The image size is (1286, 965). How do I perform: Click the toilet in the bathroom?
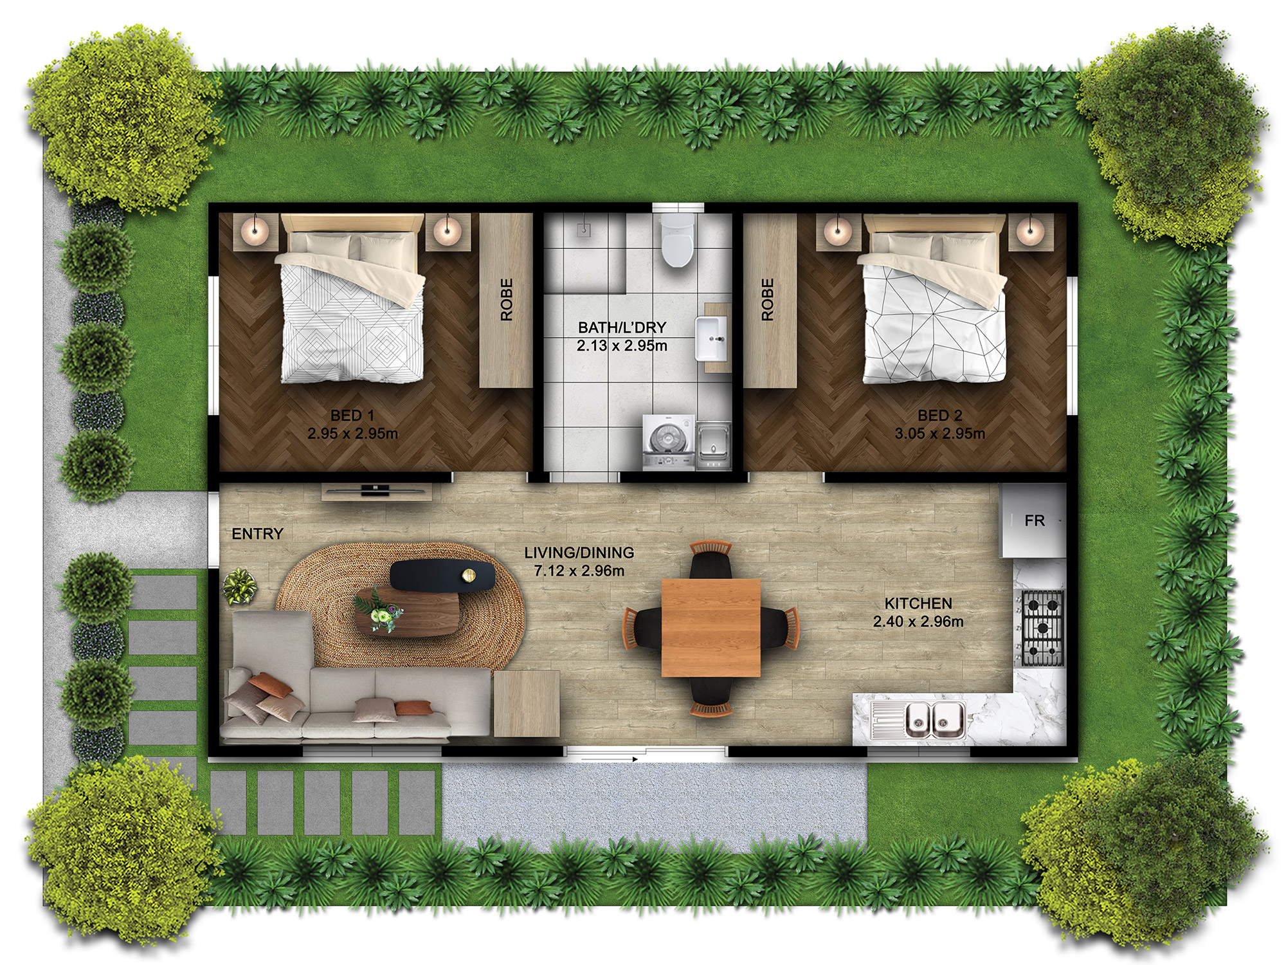676,241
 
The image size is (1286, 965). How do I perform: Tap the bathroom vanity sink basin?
711,339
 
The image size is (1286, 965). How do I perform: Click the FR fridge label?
1034,520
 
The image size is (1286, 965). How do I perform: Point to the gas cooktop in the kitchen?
1042,627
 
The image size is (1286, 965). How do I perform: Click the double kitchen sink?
934,719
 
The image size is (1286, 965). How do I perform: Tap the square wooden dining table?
711,627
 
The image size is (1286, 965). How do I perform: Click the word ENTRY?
257,534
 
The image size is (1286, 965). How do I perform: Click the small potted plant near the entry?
239,585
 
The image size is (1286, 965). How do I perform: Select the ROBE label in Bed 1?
507,300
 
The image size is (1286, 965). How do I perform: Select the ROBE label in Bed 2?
767,300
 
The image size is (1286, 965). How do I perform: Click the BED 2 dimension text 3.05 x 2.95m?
939,434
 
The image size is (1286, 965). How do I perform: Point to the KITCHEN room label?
918,603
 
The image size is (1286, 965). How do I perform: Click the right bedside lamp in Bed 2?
1030,229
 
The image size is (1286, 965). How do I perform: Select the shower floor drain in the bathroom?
583,229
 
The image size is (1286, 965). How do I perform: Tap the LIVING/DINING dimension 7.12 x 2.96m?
579,571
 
